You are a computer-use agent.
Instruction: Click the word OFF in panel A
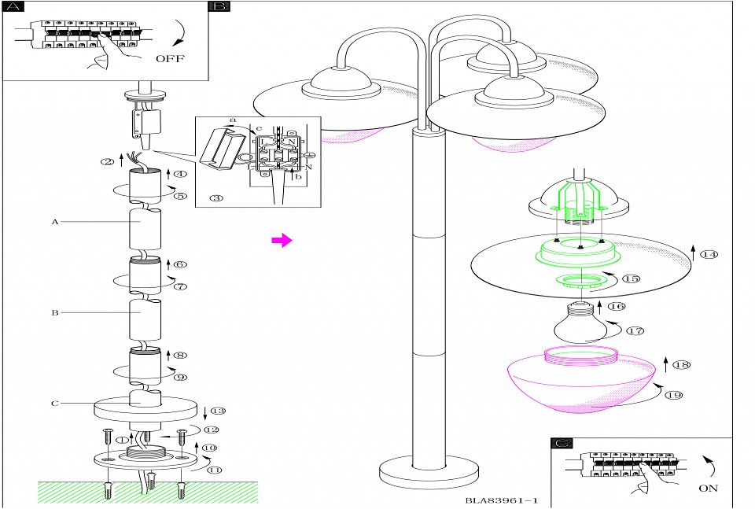click(171, 58)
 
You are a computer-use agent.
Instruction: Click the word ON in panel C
click(708, 488)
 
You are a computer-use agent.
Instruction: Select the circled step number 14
click(710, 255)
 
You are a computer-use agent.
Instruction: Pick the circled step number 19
click(672, 395)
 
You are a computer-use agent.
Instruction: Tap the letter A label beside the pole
click(55, 223)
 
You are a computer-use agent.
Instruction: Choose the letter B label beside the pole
click(55, 312)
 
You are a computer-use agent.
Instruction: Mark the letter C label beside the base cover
click(55, 404)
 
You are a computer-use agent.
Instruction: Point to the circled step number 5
click(180, 196)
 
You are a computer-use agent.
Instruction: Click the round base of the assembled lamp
click(429, 474)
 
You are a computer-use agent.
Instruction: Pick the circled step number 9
click(180, 377)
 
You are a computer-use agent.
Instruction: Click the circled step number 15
click(631, 278)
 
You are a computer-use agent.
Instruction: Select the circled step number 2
click(107, 163)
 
